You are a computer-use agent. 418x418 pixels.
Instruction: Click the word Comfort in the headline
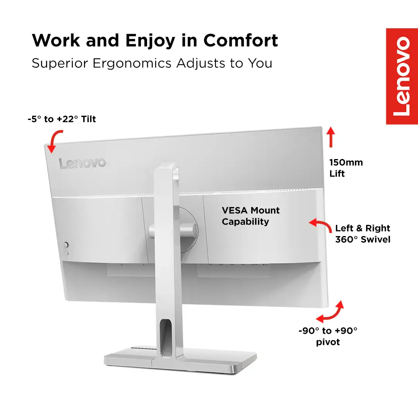(241, 41)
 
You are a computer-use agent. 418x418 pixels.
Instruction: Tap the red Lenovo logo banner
(402, 76)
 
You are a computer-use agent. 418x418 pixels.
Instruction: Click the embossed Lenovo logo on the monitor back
(82, 163)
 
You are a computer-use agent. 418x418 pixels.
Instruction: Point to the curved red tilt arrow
(55, 140)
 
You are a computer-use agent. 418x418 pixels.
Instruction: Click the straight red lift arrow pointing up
(331, 137)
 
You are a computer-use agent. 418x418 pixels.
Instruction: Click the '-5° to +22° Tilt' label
(62, 119)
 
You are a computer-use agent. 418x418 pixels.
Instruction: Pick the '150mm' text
(346, 162)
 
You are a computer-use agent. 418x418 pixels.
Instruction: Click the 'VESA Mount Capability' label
(250, 216)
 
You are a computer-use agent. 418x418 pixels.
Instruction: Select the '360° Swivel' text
(363, 240)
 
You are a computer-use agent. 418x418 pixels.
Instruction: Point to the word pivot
(328, 342)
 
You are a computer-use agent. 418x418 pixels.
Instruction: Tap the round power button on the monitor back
(66, 245)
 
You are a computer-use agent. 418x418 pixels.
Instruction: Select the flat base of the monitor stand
(180, 360)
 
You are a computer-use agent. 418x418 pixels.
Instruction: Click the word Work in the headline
(56, 41)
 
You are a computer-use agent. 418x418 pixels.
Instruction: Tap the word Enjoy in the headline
(150, 41)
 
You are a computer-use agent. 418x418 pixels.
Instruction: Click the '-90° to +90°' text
(328, 331)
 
